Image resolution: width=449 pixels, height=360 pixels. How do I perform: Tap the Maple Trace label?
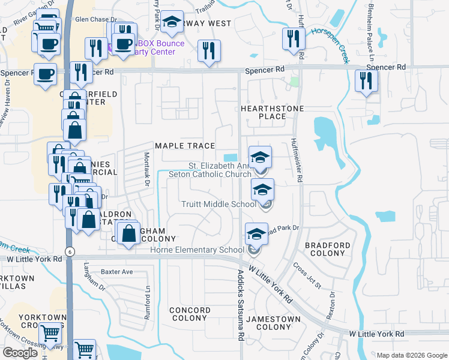pos(185,146)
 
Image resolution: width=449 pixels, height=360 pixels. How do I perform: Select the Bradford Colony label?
pos(327,250)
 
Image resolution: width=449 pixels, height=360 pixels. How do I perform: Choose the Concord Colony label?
pos(190,314)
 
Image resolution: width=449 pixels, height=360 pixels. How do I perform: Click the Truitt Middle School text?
pos(219,204)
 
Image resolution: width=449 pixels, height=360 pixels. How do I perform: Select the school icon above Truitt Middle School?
pos(262,191)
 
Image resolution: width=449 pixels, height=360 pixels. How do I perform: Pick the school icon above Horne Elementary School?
pos(256,235)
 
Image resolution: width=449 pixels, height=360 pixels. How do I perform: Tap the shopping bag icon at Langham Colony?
pos(129,233)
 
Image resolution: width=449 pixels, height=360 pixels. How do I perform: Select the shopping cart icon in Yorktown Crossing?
pos(50,332)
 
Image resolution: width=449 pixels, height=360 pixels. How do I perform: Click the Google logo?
pos(20,353)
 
